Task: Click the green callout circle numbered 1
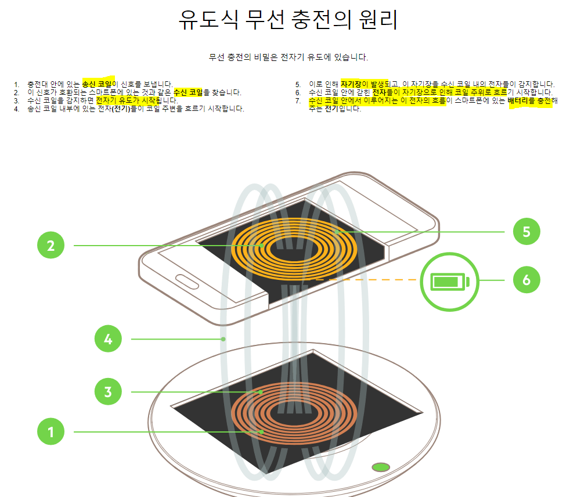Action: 51,431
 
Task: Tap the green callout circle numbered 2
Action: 51,246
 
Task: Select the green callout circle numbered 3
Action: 108,392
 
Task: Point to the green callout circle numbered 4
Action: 108,338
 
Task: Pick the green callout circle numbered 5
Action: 526,232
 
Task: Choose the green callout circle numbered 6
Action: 526,280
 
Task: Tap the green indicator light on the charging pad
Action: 381,467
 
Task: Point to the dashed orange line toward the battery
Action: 366,280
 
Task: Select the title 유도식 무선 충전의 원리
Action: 288,20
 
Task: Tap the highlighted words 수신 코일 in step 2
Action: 188,92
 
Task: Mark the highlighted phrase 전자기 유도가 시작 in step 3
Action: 125,100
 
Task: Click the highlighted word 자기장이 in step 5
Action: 355,84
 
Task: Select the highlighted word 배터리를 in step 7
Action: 521,100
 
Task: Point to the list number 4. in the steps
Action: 16,109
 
